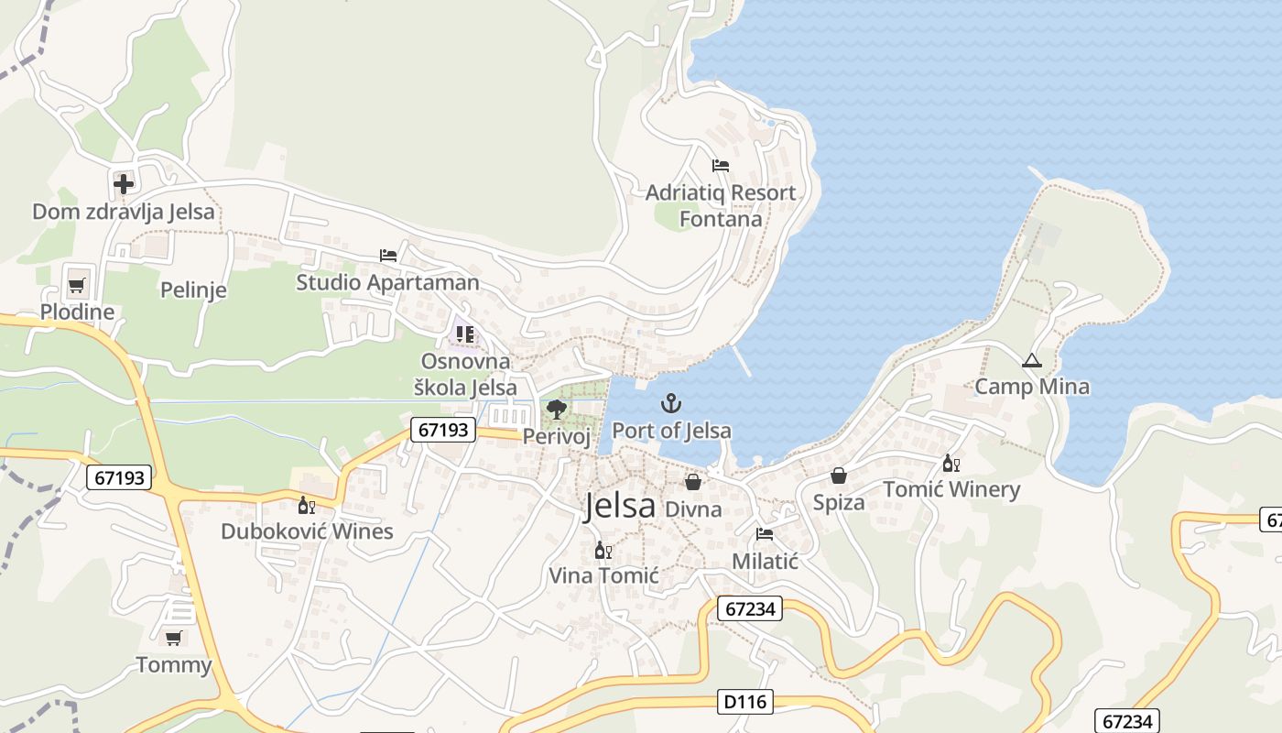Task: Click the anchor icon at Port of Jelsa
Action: click(x=671, y=403)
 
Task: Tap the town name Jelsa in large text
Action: click(x=620, y=506)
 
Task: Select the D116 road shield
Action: click(x=745, y=703)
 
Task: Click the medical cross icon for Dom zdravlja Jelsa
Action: click(x=124, y=183)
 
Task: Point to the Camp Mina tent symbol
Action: click(x=1032, y=360)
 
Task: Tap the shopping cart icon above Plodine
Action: click(x=77, y=284)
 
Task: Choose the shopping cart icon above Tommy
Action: click(x=173, y=638)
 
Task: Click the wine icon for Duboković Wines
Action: click(x=306, y=505)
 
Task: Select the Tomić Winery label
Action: click(x=951, y=489)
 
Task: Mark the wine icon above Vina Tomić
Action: click(x=603, y=550)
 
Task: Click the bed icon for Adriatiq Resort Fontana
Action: click(x=721, y=166)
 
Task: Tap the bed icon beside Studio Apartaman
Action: click(x=388, y=255)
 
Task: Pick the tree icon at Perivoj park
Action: click(x=556, y=409)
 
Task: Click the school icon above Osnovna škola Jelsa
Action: click(x=465, y=334)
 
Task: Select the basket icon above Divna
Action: click(x=693, y=482)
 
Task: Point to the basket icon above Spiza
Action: click(x=838, y=476)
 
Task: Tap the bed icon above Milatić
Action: click(x=765, y=534)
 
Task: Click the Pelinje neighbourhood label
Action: click(x=193, y=290)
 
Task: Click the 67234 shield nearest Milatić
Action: click(x=749, y=608)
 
